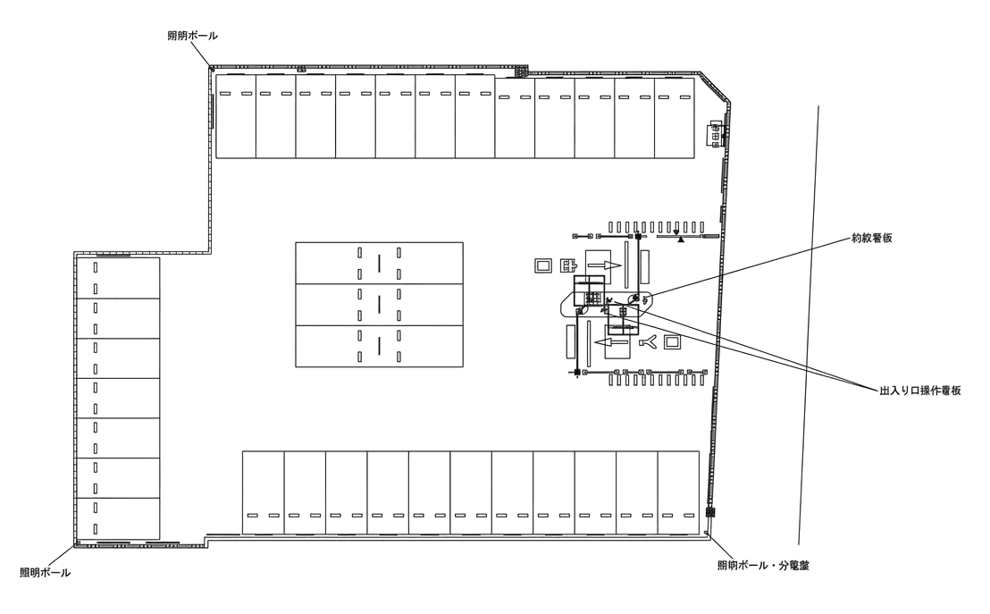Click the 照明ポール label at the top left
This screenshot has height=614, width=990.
click(x=192, y=35)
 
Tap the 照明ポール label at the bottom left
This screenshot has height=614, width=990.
click(x=45, y=572)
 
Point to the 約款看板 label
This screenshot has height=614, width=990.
click(x=873, y=239)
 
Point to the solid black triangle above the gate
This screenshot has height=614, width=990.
click(x=681, y=240)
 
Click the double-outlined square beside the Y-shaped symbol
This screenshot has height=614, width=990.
click(x=672, y=341)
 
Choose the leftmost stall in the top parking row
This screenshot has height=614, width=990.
click(x=236, y=116)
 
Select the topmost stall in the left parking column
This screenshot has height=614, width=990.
click(x=118, y=277)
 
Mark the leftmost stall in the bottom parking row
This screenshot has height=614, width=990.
click(x=263, y=492)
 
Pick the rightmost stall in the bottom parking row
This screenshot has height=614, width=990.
click(x=677, y=492)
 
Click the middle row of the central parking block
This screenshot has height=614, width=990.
click(x=379, y=305)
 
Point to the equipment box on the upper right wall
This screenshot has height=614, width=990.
click(x=716, y=135)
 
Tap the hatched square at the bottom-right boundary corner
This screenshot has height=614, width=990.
click(x=711, y=514)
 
